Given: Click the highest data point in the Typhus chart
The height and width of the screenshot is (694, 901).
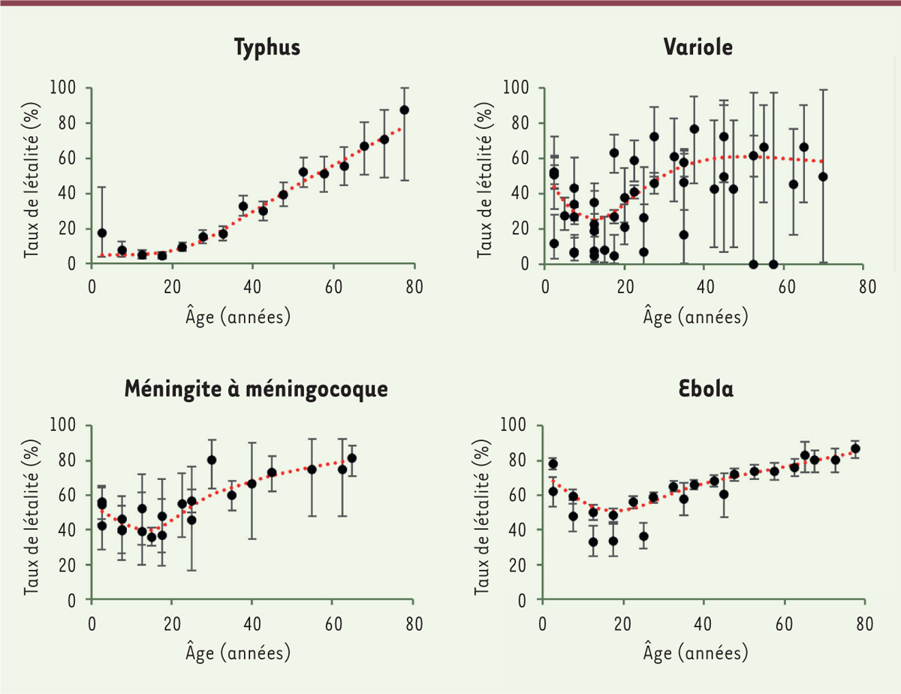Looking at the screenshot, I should [x=404, y=110].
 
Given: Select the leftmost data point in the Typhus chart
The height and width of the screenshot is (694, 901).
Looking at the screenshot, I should [x=102, y=233].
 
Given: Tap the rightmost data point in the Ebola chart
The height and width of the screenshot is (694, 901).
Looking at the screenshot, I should [x=855, y=448].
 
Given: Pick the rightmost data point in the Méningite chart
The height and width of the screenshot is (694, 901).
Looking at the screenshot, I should [x=351, y=458].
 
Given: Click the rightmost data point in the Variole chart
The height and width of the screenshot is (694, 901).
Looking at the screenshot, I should [x=823, y=177].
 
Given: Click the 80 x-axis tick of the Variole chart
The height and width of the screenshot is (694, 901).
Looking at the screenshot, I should [x=866, y=286].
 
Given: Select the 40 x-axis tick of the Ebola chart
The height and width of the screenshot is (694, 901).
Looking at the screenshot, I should [x=704, y=623].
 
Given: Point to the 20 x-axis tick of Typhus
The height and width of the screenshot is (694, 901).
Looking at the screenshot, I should [x=172, y=286].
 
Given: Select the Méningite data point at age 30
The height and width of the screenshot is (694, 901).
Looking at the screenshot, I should [x=212, y=460].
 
